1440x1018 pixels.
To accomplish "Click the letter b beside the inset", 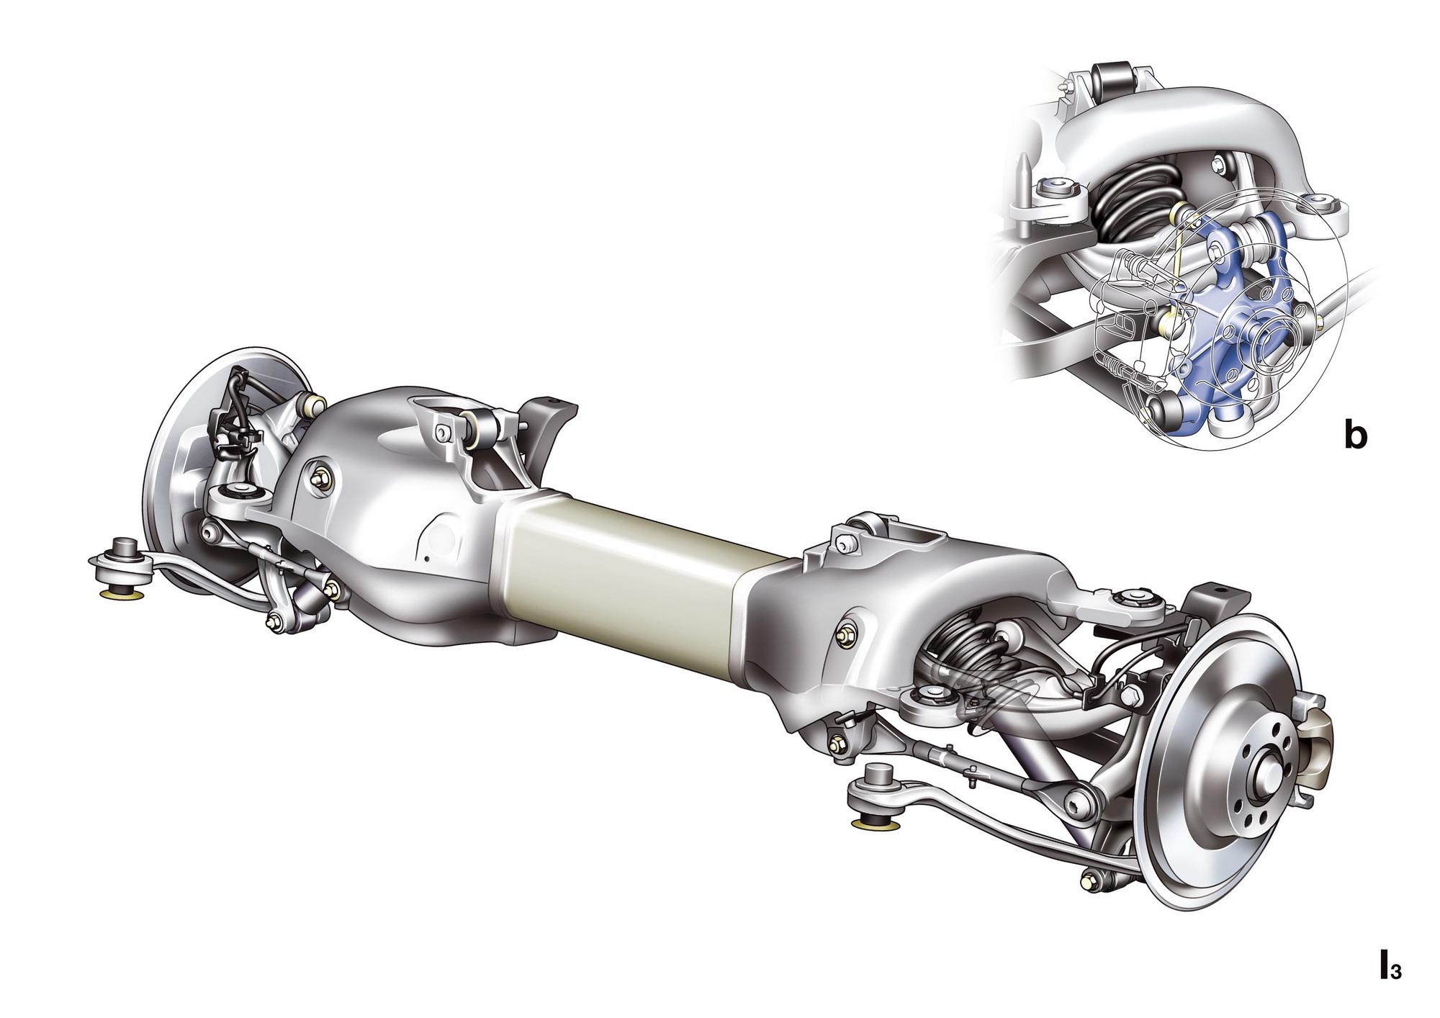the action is tap(1355, 435).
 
